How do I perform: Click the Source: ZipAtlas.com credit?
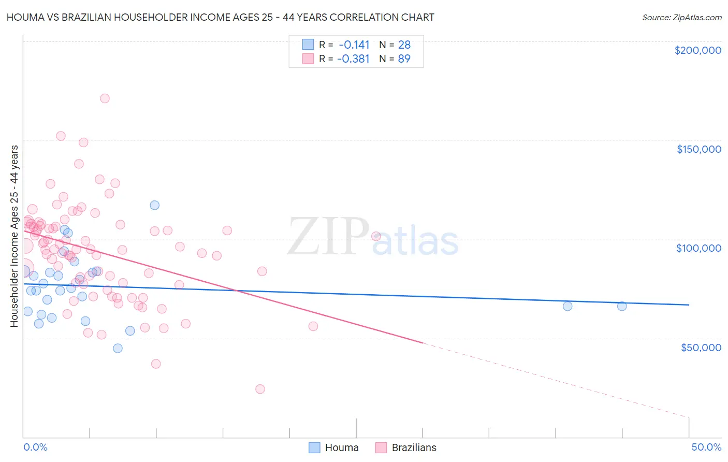point(681,18)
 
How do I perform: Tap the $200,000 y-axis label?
point(697,50)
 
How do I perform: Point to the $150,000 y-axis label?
point(698,149)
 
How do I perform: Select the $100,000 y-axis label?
point(698,248)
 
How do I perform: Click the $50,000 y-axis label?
point(701,347)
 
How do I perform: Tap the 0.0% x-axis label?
point(35,447)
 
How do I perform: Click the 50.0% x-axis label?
point(706,447)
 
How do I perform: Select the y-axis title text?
point(14,236)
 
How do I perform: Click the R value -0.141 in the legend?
point(353,45)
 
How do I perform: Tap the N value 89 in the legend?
point(404,59)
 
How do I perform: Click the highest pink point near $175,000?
point(105,98)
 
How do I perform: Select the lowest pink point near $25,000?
point(260,389)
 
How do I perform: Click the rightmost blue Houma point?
point(622,306)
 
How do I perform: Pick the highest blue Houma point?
point(154,205)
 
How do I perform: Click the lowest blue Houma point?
point(118,348)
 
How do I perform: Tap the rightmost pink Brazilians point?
point(376,236)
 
